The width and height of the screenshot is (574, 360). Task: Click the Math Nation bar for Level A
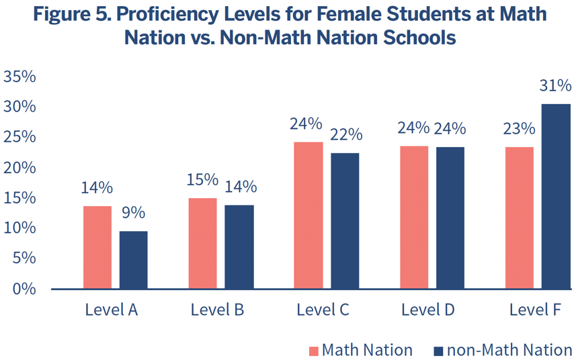pos(97,247)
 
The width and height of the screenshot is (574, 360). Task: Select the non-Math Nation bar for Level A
pos(133,260)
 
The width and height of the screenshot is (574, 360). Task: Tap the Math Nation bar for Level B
pos(202,243)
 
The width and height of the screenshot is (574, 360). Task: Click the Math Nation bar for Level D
pos(414,217)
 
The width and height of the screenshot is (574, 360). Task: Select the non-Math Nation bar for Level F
pos(556,196)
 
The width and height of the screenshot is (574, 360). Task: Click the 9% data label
pos(133,214)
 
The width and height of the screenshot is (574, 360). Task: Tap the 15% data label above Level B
pos(202,180)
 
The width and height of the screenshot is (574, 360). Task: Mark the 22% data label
pos(345,134)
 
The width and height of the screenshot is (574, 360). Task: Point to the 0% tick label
pos(24,289)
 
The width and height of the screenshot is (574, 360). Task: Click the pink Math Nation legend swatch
pos(313,351)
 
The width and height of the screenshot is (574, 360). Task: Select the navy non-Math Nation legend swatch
pos(438,351)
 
